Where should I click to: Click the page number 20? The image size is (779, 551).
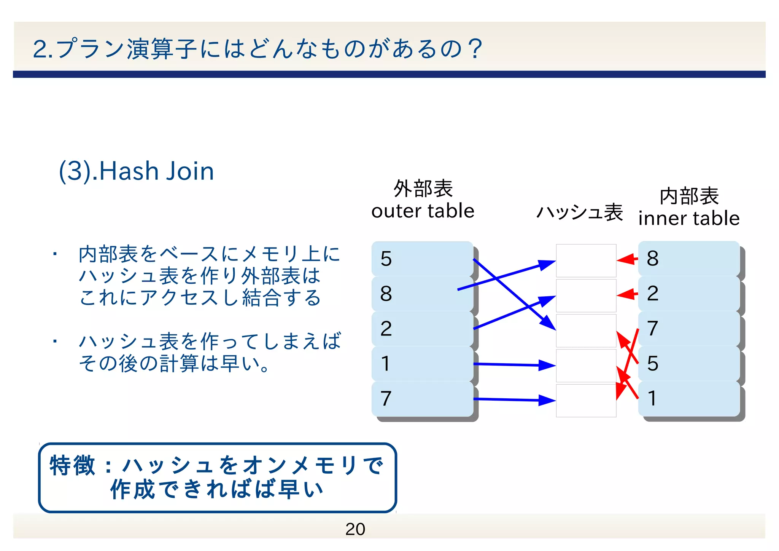pyautogui.click(x=355, y=529)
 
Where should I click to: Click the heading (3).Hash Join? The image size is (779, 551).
pyautogui.click(x=136, y=171)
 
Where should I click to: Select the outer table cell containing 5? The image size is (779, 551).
pyautogui.click(x=422, y=259)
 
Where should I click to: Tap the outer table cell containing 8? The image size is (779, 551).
pyautogui.click(x=422, y=294)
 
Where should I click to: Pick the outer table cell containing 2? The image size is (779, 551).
pyautogui.click(x=422, y=329)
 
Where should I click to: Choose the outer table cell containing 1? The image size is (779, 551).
pyautogui.click(x=422, y=364)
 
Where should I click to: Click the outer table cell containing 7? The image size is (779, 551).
pyautogui.click(x=422, y=399)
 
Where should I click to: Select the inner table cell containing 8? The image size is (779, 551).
pyautogui.click(x=689, y=259)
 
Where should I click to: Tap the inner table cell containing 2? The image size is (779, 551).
pyautogui.click(x=689, y=294)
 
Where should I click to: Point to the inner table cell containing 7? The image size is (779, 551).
pyautogui.click(x=689, y=329)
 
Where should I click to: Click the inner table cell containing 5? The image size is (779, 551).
pyautogui.click(x=689, y=364)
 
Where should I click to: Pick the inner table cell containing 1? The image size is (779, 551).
pyautogui.click(x=689, y=399)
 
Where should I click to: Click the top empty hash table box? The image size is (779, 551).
pyautogui.click(x=586, y=260)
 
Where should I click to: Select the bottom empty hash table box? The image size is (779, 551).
pyautogui.click(x=586, y=401)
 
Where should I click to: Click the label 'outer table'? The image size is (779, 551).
pyautogui.click(x=423, y=211)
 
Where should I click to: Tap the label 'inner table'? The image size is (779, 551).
pyautogui.click(x=689, y=219)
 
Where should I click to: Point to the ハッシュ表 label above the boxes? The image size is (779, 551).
pyautogui.click(x=579, y=212)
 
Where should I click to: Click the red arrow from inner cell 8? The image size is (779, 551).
pyautogui.click(x=627, y=260)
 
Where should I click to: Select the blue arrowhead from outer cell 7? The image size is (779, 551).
pyautogui.click(x=547, y=400)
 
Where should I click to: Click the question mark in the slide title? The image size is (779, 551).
pyautogui.click(x=475, y=49)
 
